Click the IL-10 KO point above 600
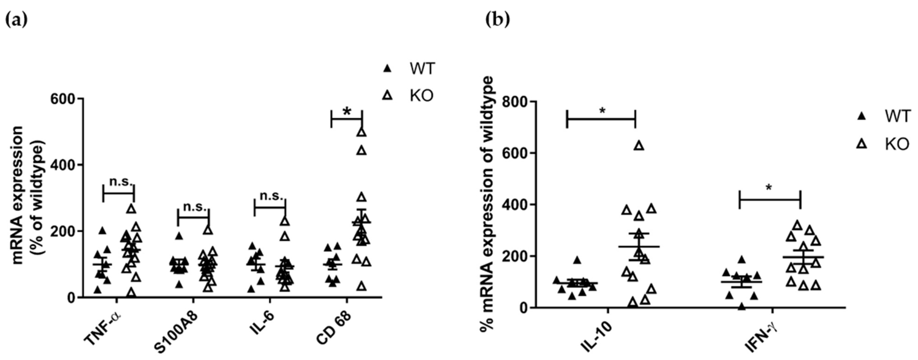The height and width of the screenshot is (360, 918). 639,146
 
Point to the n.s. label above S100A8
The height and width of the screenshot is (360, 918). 195,206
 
